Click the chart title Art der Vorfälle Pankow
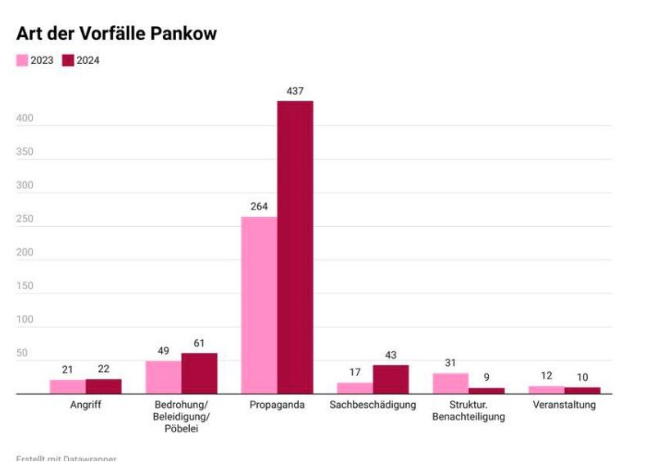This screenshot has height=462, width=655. click(116, 34)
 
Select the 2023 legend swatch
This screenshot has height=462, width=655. click(22, 60)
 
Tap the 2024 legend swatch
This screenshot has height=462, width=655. click(69, 60)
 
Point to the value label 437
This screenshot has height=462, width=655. click(295, 91)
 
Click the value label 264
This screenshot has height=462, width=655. click(259, 206)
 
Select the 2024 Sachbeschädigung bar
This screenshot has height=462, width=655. click(391, 379)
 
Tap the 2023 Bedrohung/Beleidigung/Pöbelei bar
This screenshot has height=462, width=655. click(163, 377)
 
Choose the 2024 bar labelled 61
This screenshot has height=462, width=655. click(199, 374)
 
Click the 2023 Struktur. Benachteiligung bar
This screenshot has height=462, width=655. click(450, 383)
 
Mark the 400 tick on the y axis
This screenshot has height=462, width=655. click(25, 119)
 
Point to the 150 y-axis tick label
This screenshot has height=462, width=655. click(25, 286)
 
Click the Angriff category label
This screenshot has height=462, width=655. click(85, 405)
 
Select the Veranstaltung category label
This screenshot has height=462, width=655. click(564, 405)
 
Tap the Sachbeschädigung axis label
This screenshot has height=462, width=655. click(373, 405)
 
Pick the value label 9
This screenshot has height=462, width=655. click(486, 378)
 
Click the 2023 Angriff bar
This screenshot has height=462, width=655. click(67, 387)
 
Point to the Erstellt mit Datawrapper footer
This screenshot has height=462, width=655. click(65, 458)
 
